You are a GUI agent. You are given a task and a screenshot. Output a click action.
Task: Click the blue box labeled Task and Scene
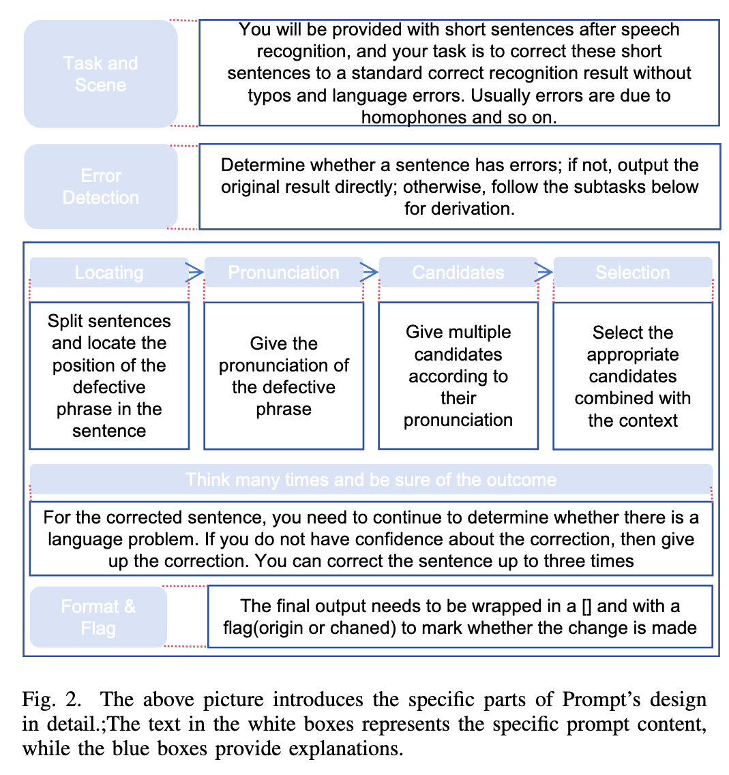pos(101,74)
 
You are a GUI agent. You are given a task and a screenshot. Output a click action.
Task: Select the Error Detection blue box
pos(101,186)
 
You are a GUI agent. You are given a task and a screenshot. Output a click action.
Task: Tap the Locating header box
pos(109,272)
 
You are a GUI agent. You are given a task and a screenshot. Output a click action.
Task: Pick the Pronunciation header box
pos(283,272)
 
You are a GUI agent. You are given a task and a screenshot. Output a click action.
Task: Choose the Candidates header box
pos(458,272)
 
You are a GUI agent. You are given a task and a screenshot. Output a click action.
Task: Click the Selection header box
pos(632,272)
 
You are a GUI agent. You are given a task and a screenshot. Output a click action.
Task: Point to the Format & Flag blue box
pos(98,616)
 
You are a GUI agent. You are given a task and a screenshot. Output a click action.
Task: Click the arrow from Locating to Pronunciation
pos(195,273)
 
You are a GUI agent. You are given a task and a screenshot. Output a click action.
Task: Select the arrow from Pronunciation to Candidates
pos(370,273)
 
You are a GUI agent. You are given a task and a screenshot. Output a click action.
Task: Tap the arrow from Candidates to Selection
pos(544,273)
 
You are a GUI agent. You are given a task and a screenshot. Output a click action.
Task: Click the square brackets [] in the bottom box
pos(590,606)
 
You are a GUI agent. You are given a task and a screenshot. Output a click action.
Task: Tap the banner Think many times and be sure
pos(371,479)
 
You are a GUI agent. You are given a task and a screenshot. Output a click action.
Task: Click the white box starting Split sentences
pos(109,376)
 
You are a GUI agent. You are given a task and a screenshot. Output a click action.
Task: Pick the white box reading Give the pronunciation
pos(283,376)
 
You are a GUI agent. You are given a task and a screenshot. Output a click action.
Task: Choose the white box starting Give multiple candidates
pos(458,376)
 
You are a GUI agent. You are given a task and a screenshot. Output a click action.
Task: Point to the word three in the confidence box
pos(573,561)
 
